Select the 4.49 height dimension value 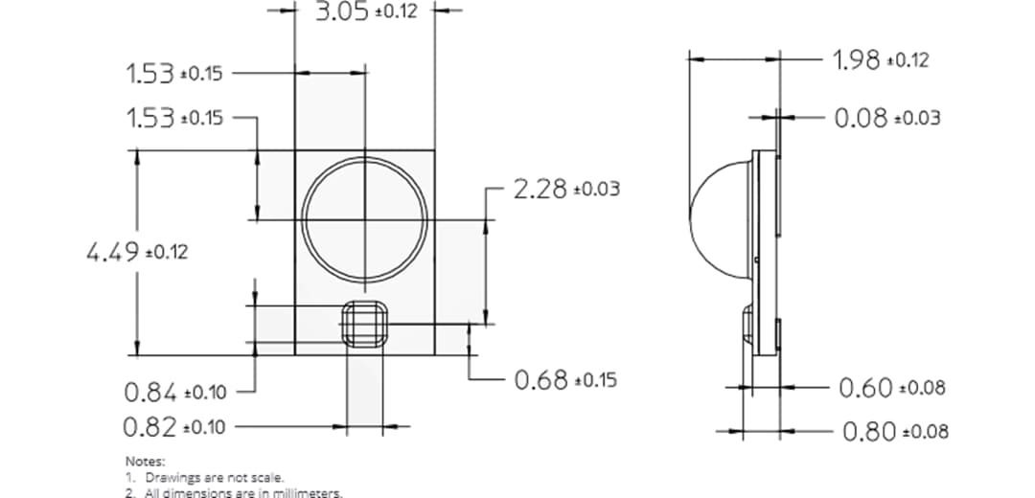point(112,253)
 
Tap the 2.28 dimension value point(540,189)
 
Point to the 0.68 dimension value point(541,379)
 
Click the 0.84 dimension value point(150,392)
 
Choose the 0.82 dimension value point(149,426)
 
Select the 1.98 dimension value point(857,60)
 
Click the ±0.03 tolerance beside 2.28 point(596,190)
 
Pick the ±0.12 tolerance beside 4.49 point(166,254)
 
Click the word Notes point(145,462)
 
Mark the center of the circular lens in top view point(364,220)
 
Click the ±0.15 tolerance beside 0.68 point(595,380)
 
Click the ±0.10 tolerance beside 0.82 point(203,427)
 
